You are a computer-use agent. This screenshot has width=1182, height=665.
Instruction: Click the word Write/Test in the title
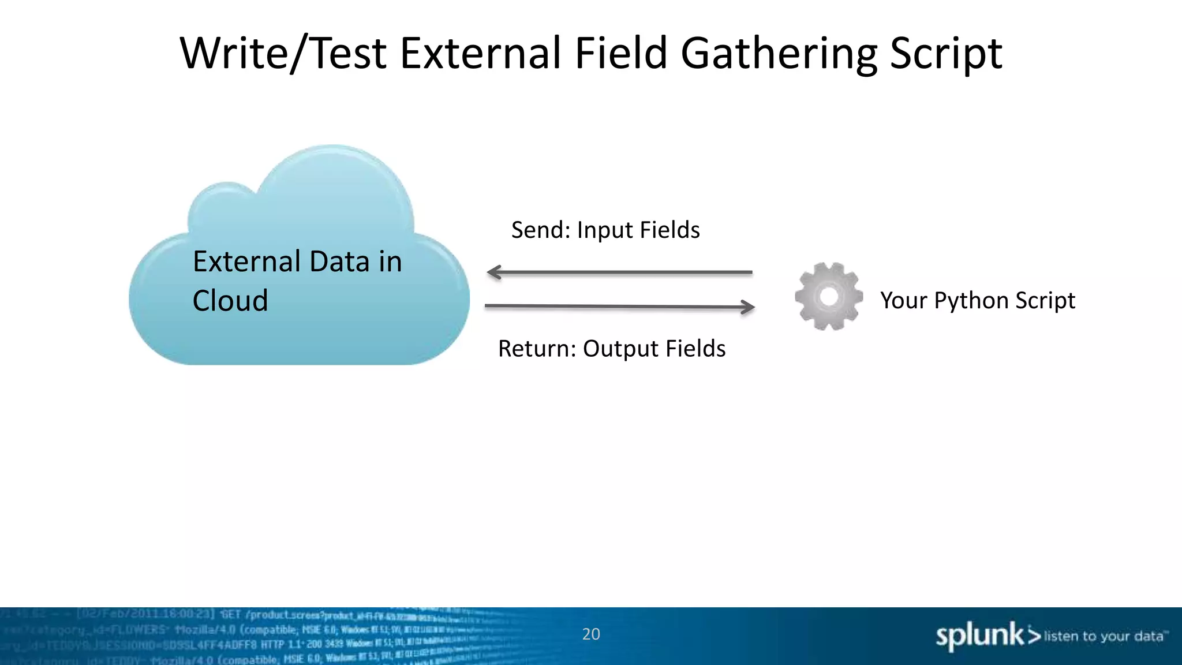tap(283, 54)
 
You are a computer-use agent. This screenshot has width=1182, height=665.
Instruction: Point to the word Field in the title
tap(622, 54)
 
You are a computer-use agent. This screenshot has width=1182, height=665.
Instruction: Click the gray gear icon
tap(829, 297)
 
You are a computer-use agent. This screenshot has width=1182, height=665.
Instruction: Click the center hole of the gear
tap(829, 296)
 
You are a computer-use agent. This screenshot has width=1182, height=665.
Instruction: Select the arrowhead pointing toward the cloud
tap(494, 272)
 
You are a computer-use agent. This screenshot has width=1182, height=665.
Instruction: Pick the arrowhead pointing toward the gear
tap(748, 307)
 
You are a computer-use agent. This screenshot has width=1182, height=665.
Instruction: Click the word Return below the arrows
tap(537, 349)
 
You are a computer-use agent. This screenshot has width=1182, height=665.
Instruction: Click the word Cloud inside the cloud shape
tap(230, 301)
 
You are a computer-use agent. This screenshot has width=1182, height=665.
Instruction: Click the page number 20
tap(591, 634)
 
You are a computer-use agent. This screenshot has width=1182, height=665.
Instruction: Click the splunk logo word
tap(979, 636)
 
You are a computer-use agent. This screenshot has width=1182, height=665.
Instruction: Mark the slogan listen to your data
tap(1104, 636)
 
